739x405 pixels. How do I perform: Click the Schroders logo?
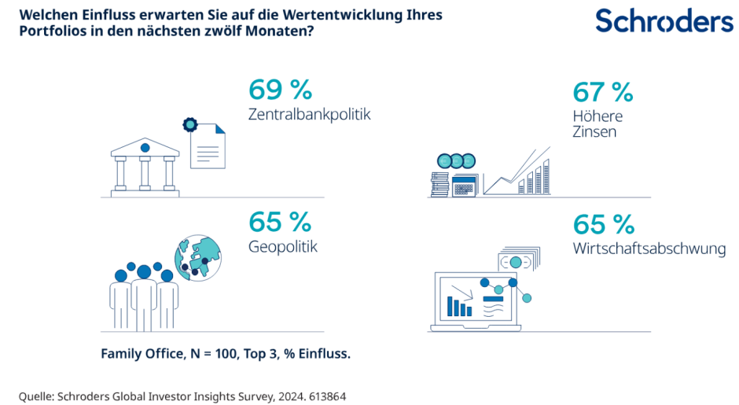click(x=664, y=21)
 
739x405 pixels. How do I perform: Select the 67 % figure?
click(x=603, y=92)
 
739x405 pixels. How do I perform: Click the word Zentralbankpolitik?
click(x=309, y=114)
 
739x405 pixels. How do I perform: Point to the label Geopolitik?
click(x=283, y=247)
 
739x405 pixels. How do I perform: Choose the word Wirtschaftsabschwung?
click(x=649, y=249)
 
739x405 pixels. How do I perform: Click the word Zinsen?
click(x=594, y=132)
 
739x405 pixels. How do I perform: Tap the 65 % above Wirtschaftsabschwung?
click(x=603, y=225)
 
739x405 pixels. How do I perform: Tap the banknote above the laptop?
click(x=517, y=262)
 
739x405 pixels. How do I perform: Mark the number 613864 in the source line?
click(x=325, y=396)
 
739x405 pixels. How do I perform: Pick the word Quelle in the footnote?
click(x=37, y=396)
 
